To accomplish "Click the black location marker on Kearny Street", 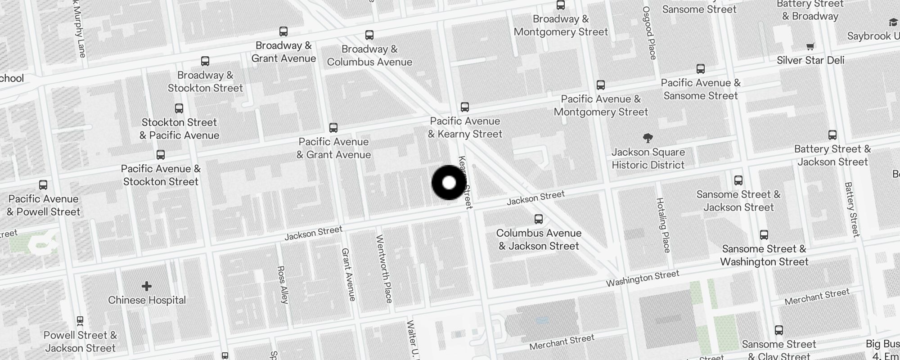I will click(449, 183).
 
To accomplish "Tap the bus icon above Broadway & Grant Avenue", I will click(283, 31).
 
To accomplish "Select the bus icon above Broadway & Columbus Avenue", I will click(369, 35).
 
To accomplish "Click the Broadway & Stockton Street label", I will click(205, 81).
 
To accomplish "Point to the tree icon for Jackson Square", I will click(648, 138).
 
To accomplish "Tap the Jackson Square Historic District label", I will click(648, 158).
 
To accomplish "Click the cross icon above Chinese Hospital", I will click(147, 286).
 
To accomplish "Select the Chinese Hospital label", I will click(147, 300).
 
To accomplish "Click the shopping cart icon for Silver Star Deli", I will click(810, 46).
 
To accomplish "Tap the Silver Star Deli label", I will click(810, 60).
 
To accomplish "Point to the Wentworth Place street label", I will click(384, 269).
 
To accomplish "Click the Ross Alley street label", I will click(282, 284).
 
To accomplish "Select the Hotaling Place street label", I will click(663, 225).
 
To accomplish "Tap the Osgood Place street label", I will click(649, 33).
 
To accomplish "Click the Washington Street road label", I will click(642, 279).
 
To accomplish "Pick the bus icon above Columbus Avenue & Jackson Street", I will click(539, 219).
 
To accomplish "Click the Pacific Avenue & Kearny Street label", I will click(465, 127).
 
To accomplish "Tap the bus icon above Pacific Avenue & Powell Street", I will click(43, 185).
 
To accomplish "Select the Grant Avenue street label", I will click(349, 274).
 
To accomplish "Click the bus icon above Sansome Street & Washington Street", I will click(764, 235).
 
